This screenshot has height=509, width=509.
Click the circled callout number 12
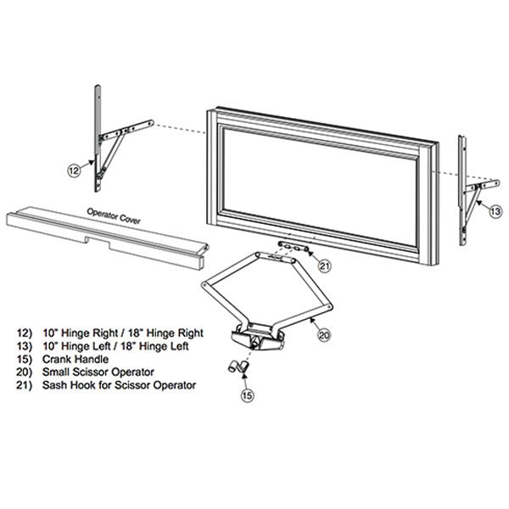coord(74,171)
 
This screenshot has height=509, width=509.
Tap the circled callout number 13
coord(495,211)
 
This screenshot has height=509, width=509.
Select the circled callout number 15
coord(247,395)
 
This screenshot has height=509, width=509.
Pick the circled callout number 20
coord(324,335)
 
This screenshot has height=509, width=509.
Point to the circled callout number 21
coord(324,266)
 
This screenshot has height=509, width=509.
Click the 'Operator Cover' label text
coord(114,216)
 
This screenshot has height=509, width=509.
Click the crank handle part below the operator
coord(238,367)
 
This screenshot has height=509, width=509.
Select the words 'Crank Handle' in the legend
coord(76,359)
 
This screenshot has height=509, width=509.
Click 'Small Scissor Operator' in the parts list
coord(98,372)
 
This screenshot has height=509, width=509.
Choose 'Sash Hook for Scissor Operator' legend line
coord(119,385)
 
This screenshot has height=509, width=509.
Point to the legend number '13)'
coord(25,346)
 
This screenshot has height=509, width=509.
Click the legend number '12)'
coord(25,333)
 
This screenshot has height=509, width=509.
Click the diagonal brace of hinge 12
coord(112,152)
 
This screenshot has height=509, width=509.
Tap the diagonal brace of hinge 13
coord(472,204)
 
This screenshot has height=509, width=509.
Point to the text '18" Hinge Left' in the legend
coord(154,346)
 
